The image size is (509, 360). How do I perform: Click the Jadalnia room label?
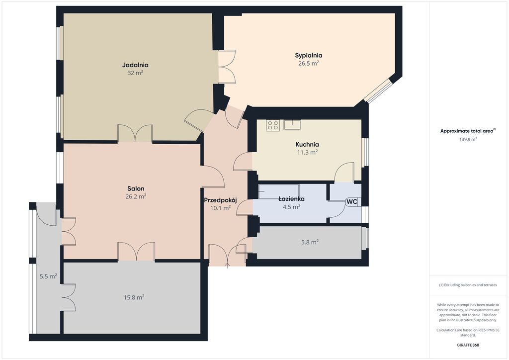pos(135,65)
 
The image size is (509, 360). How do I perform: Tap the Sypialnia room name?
pos(308,55)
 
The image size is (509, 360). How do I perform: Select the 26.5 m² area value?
pos(308,63)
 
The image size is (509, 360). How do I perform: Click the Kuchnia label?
pos(307,145)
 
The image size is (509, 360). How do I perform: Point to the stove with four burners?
pos(273,125)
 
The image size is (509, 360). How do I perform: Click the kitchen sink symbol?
pos(292,125)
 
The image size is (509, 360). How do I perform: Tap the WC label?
pos(352,201)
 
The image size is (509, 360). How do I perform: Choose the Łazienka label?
pos(291,199)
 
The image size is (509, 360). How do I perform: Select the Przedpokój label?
pos(220,200)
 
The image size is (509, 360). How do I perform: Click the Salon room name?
pos(136,188)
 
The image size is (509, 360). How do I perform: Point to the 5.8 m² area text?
pos(310,242)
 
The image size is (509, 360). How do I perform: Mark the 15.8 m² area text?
pos(134,297)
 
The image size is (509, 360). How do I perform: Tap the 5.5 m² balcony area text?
pos(48,276)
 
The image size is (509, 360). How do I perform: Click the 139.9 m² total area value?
pos(468,139)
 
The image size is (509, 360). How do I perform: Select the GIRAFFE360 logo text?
pos(468,345)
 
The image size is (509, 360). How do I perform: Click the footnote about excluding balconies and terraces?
pos(468,285)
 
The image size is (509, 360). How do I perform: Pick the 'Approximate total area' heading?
pos(468,131)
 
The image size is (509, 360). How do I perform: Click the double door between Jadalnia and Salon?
pos(135,133)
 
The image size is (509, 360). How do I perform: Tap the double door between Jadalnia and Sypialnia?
pos(227,67)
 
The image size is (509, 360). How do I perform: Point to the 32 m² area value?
pos(135,73)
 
